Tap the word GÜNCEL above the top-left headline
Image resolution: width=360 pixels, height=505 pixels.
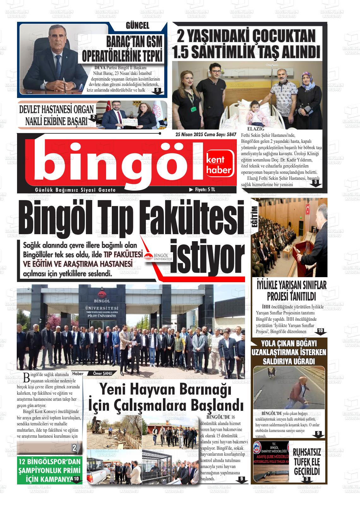137,26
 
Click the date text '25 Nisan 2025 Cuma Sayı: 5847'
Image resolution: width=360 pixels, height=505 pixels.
206,134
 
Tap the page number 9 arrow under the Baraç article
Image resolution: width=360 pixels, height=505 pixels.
157,91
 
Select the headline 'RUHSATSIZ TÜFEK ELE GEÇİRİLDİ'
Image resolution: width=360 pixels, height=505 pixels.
307,461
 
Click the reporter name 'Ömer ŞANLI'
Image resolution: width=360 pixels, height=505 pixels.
103,373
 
